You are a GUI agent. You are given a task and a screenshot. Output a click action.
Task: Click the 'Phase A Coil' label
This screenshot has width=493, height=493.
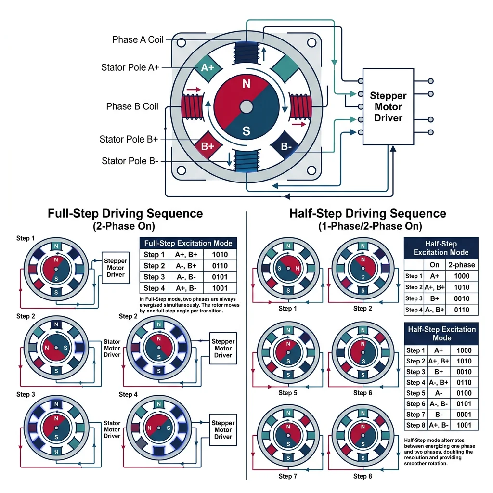[138, 39]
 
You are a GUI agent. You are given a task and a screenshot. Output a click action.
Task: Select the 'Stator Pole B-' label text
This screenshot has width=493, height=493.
[130, 161]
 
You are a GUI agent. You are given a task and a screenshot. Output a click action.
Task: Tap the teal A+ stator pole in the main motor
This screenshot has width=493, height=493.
[207, 68]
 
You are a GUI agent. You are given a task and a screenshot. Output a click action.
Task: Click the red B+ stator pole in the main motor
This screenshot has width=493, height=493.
[207, 146]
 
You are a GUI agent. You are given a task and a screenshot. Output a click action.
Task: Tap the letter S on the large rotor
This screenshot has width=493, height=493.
[246, 130]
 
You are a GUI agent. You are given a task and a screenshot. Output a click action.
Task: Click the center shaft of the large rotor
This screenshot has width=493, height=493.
[246, 106]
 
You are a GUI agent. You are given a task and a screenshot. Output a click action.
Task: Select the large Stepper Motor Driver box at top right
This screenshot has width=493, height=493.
[388, 106]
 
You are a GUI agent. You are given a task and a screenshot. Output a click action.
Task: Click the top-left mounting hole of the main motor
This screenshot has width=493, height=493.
[181, 42]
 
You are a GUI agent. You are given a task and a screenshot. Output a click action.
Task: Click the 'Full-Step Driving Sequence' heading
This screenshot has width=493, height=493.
[125, 213]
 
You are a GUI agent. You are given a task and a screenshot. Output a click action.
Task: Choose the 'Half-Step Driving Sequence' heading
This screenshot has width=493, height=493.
[368, 213]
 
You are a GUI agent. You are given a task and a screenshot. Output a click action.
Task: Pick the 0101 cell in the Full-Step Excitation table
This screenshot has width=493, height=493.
[219, 277]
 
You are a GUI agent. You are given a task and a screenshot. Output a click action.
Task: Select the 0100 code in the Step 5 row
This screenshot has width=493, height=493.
[463, 393]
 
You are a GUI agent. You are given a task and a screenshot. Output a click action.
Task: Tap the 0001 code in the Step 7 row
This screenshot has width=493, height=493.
[463, 415]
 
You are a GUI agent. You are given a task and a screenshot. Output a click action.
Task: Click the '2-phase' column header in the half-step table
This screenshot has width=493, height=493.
[462, 265]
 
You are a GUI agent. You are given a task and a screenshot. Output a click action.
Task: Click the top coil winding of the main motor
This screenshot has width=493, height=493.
[246, 52]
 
